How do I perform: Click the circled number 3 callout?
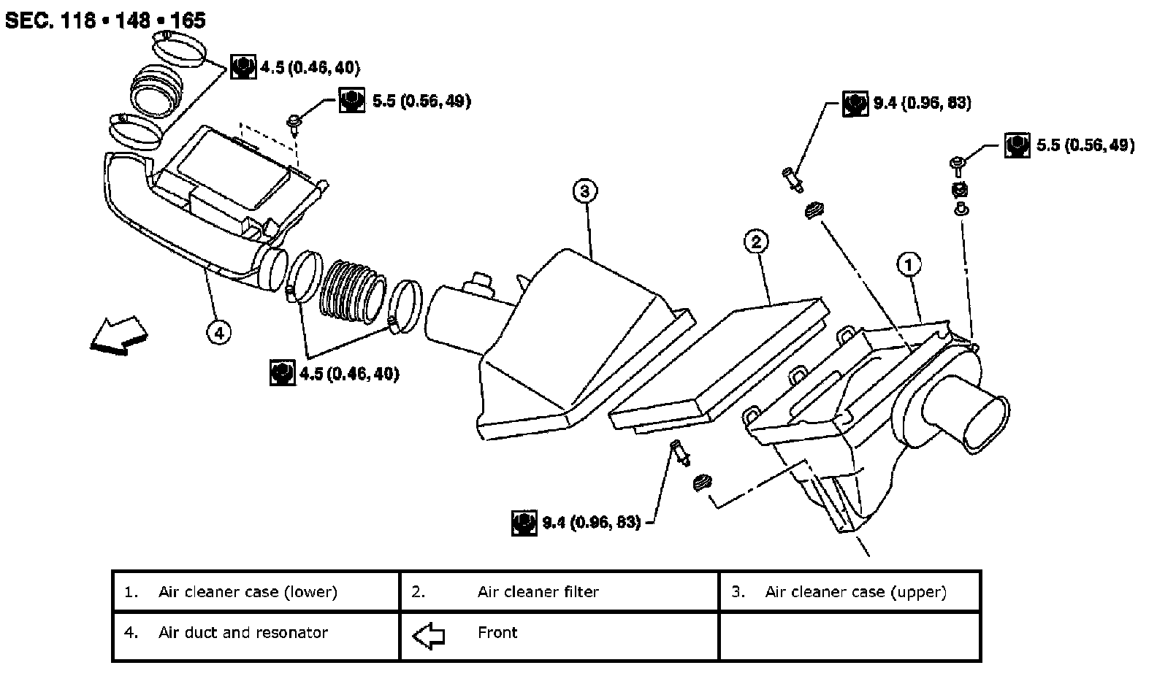click(584, 191)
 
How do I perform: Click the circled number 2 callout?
click(756, 242)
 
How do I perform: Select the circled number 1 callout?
click(909, 265)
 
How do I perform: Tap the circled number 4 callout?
click(219, 333)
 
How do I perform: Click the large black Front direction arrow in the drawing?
click(119, 336)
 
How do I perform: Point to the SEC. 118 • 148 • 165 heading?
click(105, 20)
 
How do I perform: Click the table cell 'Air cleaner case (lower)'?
click(248, 592)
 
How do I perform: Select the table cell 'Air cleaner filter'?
click(538, 592)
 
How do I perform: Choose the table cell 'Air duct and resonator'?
click(243, 633)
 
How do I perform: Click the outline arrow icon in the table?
click(428, 635)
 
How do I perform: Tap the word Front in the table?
click(497, 633)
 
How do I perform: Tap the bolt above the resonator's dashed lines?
click(294, 124)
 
